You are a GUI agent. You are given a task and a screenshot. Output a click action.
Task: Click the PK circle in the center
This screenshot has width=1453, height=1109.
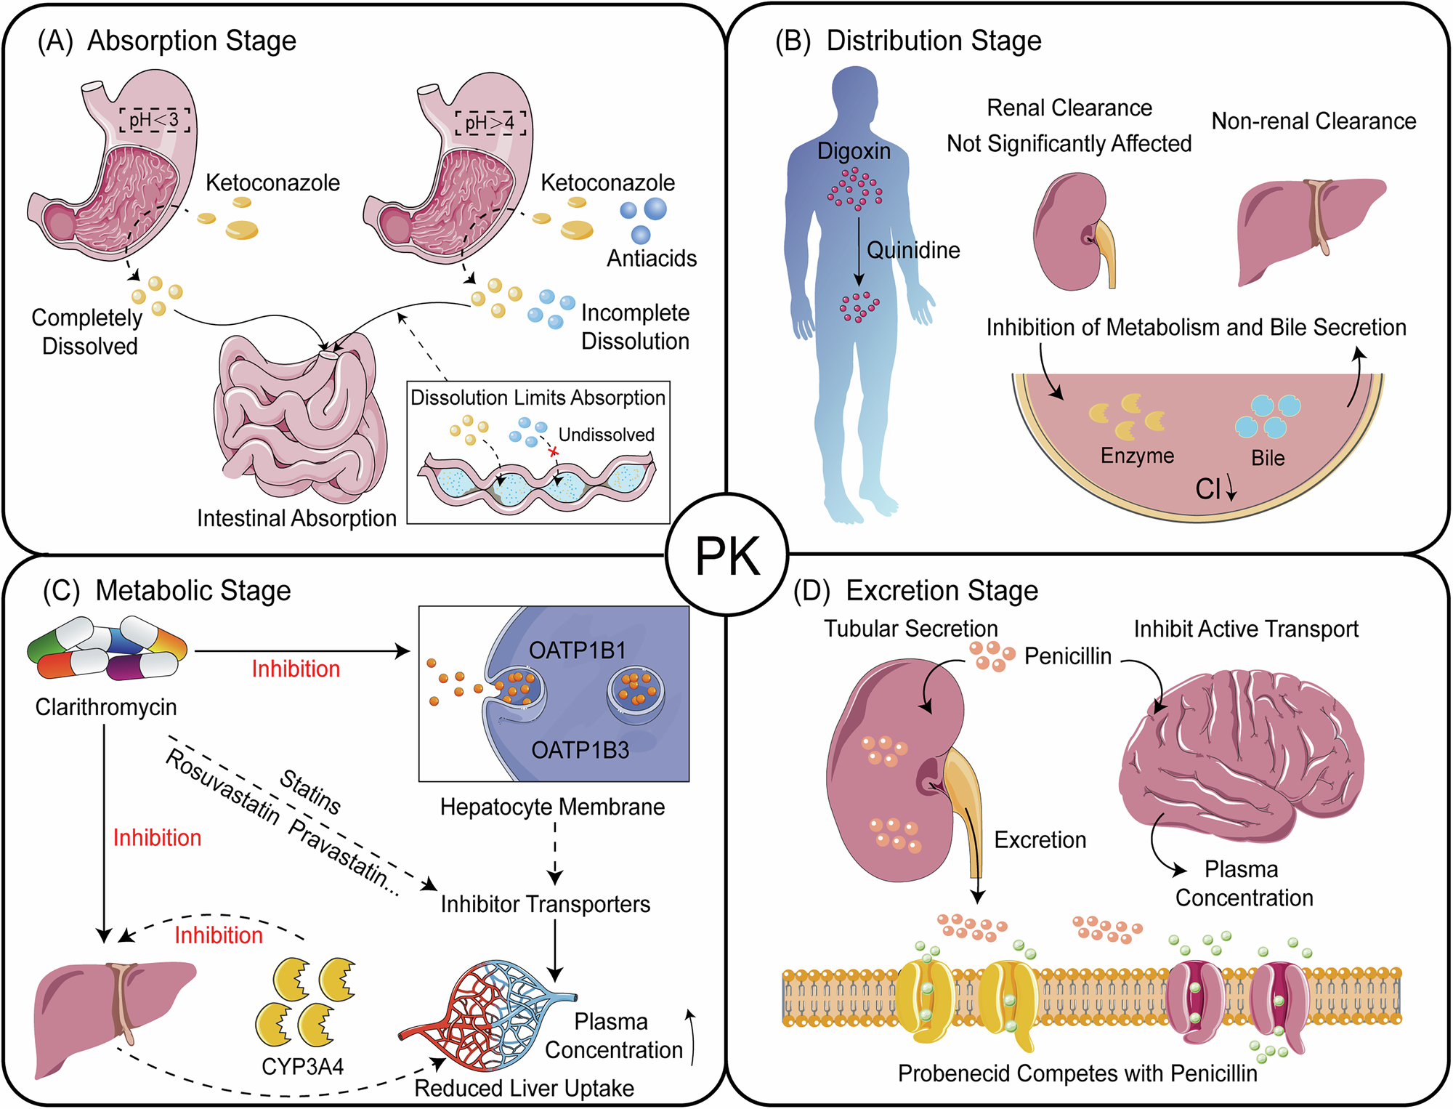[727, 555]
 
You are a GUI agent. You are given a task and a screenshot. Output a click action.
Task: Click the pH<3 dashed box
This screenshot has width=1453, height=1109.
[155, 120]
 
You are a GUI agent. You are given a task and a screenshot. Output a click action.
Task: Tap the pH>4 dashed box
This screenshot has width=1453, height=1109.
[490, 123]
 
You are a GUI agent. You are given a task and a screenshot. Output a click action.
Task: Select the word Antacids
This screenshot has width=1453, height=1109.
[652, 258]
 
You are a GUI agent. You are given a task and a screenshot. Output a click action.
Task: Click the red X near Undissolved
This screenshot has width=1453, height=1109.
[554, 453]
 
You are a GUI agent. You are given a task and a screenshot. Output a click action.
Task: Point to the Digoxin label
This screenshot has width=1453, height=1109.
[854, 151]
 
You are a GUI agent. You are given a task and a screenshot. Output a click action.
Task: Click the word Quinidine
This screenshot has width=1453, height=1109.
[913, 250]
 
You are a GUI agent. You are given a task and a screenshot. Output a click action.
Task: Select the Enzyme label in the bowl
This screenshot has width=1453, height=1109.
[1137, 456]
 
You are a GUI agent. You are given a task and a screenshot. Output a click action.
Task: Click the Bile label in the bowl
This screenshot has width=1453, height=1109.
[1268, 458]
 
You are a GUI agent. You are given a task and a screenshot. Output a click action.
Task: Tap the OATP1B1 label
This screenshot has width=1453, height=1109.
[578, 650]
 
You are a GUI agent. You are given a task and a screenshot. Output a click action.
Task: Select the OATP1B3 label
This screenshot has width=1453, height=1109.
[580, 750]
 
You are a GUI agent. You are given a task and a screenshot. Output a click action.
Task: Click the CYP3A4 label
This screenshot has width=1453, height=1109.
[302, 1067]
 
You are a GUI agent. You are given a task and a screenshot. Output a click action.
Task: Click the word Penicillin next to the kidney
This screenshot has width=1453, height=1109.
[1067, 656]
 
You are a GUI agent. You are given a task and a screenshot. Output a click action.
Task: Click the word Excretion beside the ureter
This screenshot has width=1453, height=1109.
[1040, 840]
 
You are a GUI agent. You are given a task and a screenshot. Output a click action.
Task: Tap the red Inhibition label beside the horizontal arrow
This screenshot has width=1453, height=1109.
[296, 669]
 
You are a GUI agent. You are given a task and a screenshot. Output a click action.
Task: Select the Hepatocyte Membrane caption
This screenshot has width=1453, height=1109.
[552, 807]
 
